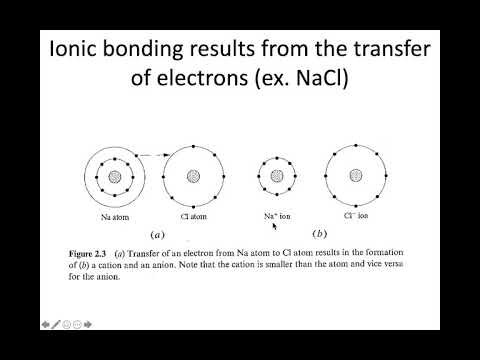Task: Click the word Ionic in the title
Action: [x=75, y=49]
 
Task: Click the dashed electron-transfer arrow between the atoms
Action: [x=150, y=154]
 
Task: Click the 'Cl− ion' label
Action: [x=356, y=216]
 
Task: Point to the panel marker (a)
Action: [x=157, y=235]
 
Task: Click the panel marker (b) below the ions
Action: [x=317, y=235]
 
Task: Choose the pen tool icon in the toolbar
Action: [x=56, y=324]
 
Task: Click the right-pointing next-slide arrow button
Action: [x=90, y=324]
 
